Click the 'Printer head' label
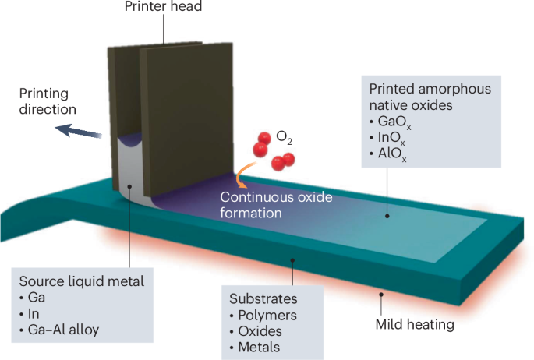(x=164, y=8)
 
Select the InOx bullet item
(x=391, y=139)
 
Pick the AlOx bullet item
(x=391, y=155)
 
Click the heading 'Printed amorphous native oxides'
(x=431, y=97)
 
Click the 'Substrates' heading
(x=259, y=298)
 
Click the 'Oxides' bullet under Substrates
(x=258, y=331)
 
